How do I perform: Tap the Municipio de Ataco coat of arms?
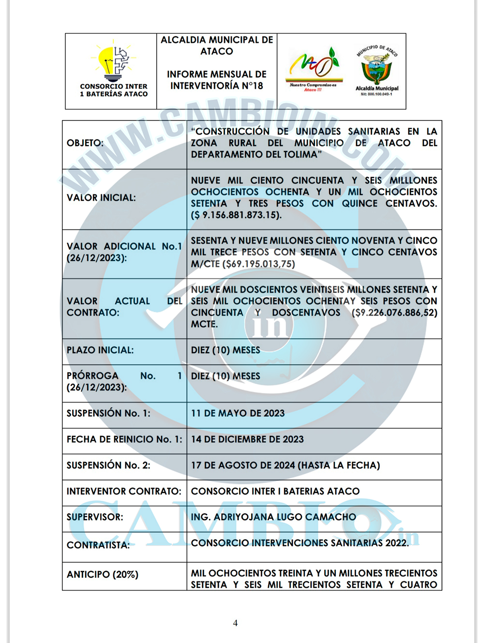pos(377,68)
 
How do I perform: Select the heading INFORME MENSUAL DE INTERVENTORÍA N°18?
pos(217,80)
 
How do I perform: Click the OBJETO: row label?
pos(85,143)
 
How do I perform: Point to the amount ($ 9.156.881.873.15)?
pos(236,215)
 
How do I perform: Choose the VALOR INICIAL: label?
pos(101,198)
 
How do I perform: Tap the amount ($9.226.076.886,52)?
pos(395,313)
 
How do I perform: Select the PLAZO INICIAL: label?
pos(100,350)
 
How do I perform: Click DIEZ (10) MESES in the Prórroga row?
pos(226,376)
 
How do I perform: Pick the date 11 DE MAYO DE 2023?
pos(238,414)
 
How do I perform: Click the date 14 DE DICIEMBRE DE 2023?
pos(247,440)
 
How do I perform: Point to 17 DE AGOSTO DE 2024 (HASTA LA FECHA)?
pos(285,465)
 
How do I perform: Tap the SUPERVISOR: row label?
pos(95,517)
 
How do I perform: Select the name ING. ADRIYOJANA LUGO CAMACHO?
pos(273,517)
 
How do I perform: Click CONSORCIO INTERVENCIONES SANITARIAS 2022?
pos(300,543)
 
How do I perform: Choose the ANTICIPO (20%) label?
pos(103,575)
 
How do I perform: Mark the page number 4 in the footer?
pos(235,623)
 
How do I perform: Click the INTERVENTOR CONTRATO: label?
pos(124,492)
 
